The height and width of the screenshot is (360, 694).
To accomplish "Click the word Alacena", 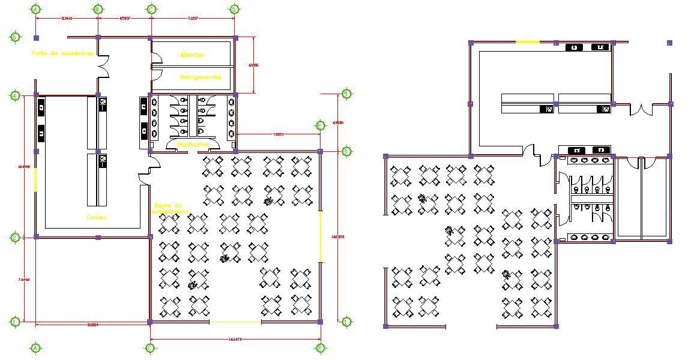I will point(192,55).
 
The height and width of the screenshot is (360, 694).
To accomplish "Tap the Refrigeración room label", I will point(201,77).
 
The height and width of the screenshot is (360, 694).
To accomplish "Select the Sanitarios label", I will point(192,145).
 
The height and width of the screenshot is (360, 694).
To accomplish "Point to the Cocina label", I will point(97,217).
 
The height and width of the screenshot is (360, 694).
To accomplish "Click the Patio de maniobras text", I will point(62,53).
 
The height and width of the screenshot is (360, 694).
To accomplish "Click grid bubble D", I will point(234,10).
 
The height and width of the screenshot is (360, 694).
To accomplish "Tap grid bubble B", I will point(97,10).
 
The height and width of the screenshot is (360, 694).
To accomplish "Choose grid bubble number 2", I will point(14,238).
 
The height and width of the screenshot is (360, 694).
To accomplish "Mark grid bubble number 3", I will point(346,152).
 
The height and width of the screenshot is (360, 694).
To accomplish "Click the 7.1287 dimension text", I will point(193,19).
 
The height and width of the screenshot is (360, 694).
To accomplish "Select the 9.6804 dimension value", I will point(92,325).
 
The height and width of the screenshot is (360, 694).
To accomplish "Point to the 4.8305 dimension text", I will point(253,65).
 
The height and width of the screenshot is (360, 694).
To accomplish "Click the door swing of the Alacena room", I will point(155,58).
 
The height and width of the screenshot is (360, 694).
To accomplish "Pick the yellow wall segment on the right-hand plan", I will point(528,41).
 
